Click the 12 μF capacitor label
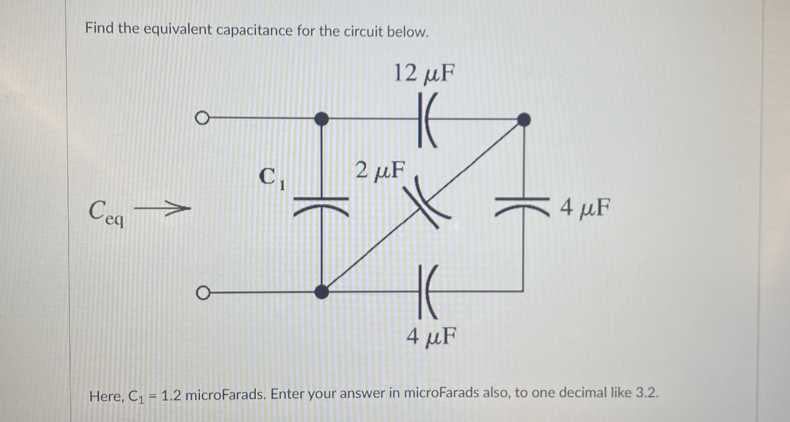pyautogui.click(x=424, y=74)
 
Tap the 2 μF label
pyautogui.click(x=380, y=170)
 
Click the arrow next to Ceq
pyautogui.click(x=162, y=208)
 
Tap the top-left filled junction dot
pyautogui.click(x=321, y=119)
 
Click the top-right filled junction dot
pyautogui.click(x=524, y=120)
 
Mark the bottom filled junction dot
pyautogui.click(x=321, y=291)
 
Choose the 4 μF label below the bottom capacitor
pyautogui.click(x=431, y=336)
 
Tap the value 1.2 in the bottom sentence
pyautogui.click(x=171, y=396)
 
